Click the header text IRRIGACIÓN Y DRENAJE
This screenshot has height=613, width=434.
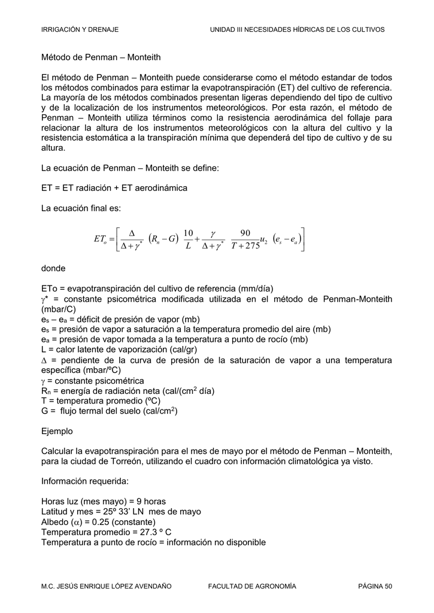79,29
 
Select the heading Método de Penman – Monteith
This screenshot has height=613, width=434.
101,57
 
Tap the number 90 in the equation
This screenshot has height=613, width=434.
245,233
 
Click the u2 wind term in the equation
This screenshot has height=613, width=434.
263,240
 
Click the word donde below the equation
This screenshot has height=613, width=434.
53,268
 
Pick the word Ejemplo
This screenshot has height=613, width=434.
57,431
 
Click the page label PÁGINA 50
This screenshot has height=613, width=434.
375,586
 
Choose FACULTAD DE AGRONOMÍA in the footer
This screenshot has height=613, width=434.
251,586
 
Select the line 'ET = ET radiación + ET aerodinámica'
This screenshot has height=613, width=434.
114,188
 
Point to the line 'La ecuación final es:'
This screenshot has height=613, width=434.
81,208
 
